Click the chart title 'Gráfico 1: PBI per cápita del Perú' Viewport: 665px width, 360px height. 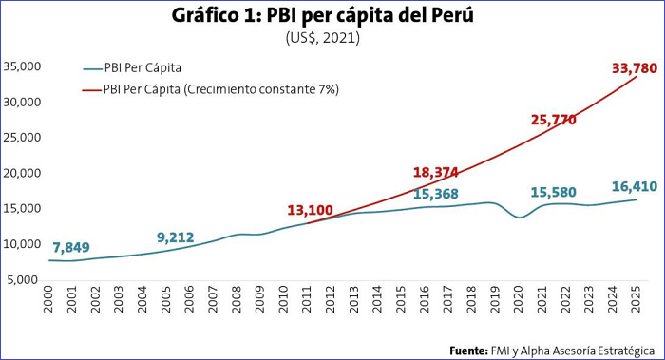(322, 16)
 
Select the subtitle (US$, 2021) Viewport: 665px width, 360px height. (322, 38)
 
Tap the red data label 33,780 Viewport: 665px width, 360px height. (635, 68)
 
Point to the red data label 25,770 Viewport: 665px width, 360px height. (554, 120)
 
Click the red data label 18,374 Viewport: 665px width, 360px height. (435, 173)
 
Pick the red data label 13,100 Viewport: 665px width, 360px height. (310, 210)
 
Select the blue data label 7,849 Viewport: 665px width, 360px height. (71, 247)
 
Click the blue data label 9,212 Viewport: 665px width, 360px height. (176, 237)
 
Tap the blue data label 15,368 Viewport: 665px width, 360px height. (435, 194)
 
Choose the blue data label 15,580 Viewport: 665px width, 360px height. (554, 193)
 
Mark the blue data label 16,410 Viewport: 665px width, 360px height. (635, 186)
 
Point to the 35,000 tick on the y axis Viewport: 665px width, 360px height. (22, 66)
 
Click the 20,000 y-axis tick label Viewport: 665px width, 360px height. (22, 173)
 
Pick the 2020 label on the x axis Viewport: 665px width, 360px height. (519, 299)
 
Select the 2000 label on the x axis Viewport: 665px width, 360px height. (48, 299)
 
